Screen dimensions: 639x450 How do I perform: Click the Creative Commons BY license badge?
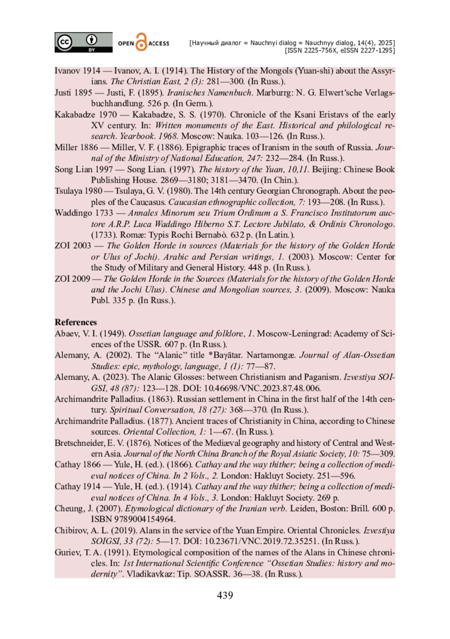pos(83,42)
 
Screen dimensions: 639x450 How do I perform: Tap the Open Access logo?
pos(144,42)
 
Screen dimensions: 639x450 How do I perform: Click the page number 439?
pos(225,595)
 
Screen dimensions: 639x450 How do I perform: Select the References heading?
pos(76,322)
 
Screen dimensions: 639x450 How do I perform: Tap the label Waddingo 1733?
pos(84,213)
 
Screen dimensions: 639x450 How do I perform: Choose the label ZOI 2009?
pos(72,279)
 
